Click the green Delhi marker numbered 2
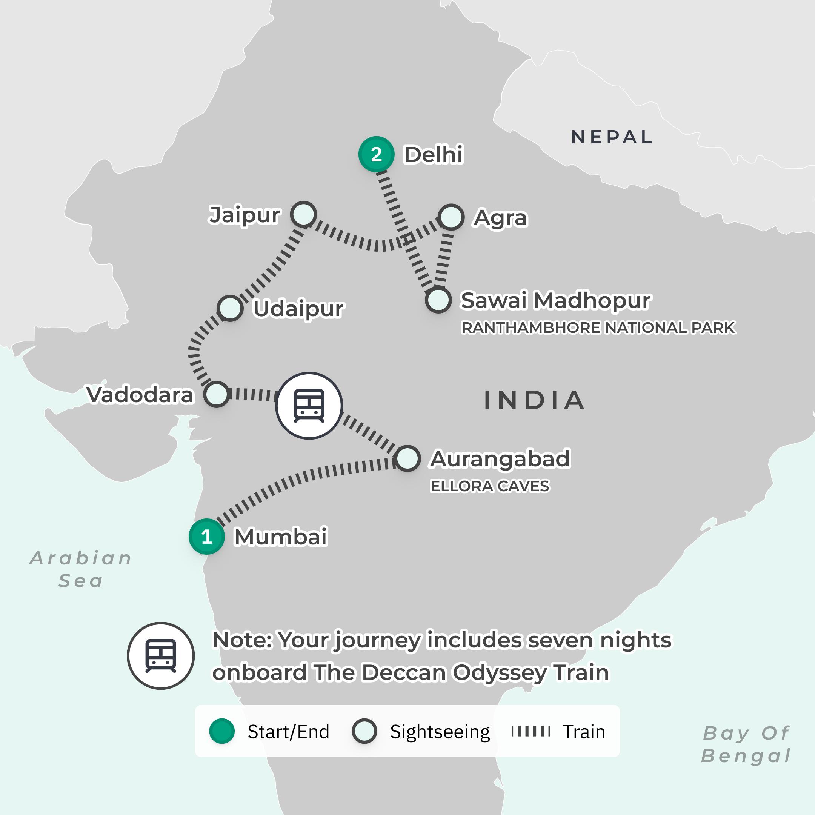(376, 154)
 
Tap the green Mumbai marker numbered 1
(206, 537)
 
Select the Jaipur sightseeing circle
(303, 214)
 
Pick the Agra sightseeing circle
(451, 217)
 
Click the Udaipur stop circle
(230, 308)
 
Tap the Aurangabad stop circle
(407, 458)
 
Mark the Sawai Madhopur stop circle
(438, 300)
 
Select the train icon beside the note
(161, 655)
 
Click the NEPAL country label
(612, 137)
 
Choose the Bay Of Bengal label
(746, 744)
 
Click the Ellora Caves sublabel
(490, 486)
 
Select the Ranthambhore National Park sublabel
(598, 328)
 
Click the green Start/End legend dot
(222, 731)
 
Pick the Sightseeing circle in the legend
(364, 731)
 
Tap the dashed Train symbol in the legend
(531, 731)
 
